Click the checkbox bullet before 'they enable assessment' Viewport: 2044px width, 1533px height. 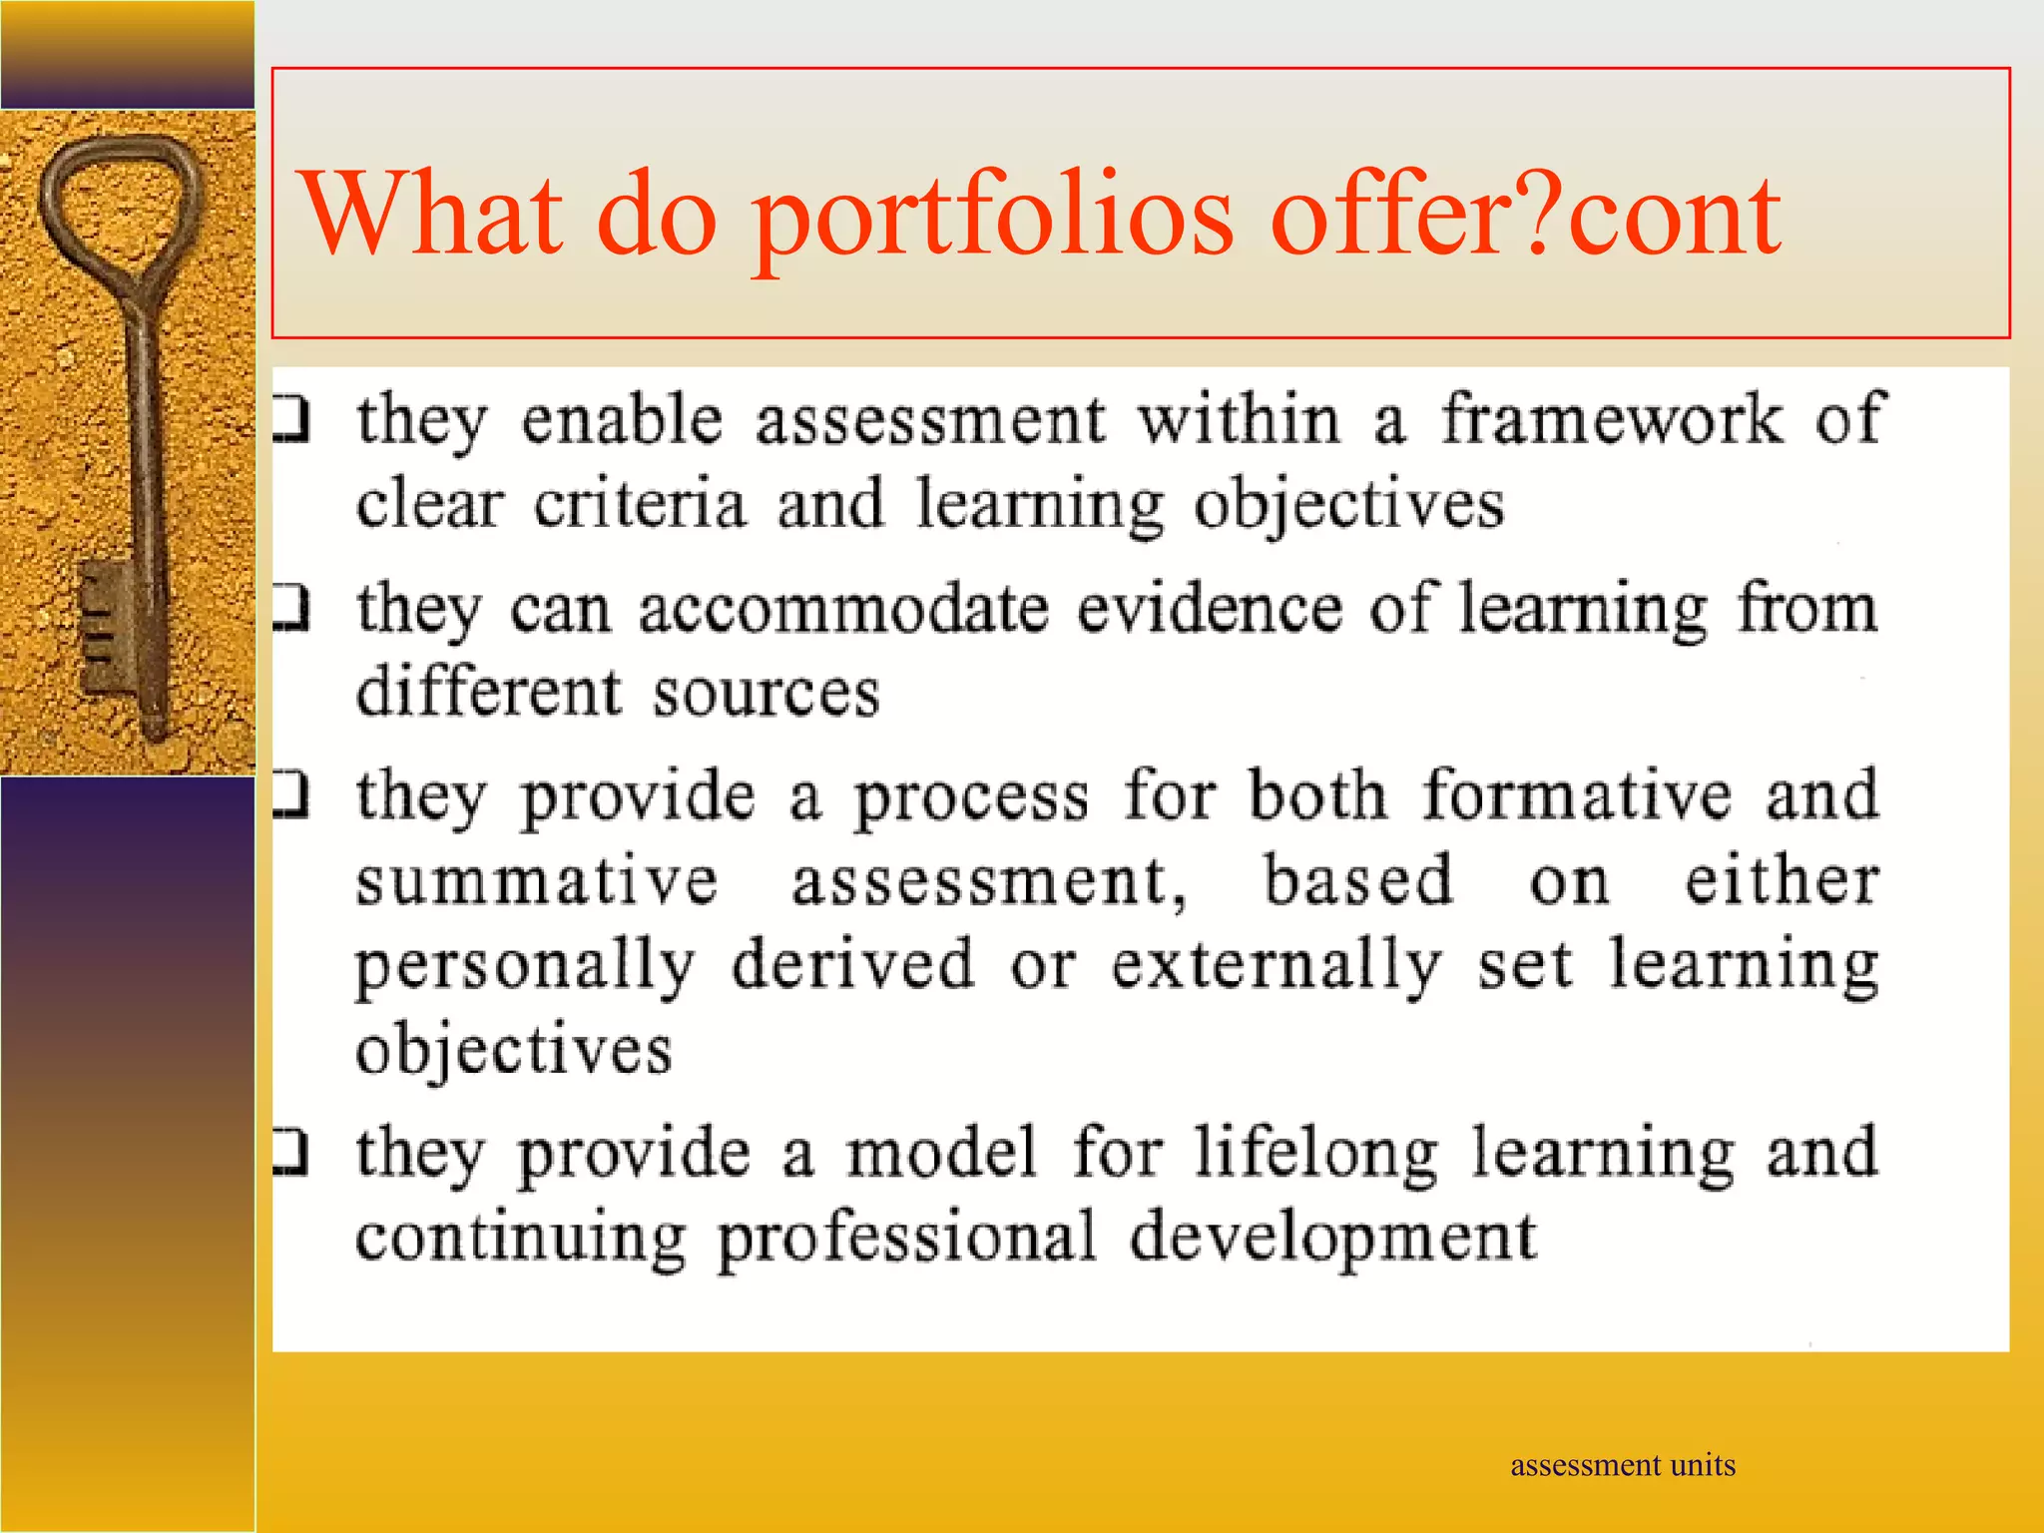[x=290, y=420]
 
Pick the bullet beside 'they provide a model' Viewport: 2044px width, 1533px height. [x=290, y=1152]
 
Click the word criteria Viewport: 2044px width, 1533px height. [x=639, y=504]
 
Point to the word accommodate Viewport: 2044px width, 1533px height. [x=843, y=609]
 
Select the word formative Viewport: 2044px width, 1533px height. [x=1577, y=795]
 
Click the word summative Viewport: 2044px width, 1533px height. [x=537, y=880]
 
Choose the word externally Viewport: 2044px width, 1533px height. [x=1277, y=965]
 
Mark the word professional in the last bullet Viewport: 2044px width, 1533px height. [x=906, y=1238]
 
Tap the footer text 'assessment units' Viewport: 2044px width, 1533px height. [x=1622, y=1465]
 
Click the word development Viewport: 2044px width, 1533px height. [x=1332, y=1238]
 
